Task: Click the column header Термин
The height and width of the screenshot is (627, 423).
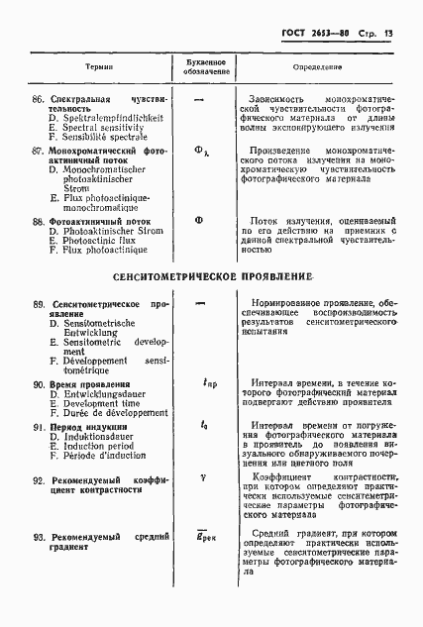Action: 97,67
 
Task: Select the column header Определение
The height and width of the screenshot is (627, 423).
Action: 317,67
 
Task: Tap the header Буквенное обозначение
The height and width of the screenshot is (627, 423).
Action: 201,67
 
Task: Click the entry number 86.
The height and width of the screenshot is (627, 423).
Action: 40,100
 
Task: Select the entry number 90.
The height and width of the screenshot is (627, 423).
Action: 40,383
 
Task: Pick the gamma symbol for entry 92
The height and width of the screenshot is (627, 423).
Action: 201,475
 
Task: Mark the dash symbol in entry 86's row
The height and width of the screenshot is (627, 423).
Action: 201,100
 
